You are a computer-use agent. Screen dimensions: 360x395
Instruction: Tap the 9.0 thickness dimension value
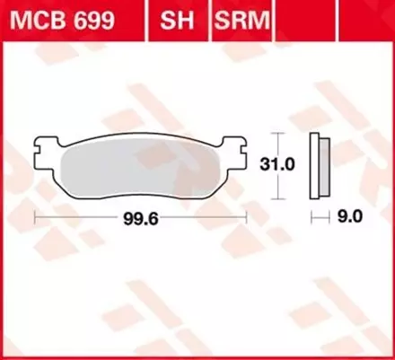[349, 216]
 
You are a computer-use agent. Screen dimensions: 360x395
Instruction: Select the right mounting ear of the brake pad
[235, 144]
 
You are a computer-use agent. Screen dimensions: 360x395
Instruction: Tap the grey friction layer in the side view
[322, 167]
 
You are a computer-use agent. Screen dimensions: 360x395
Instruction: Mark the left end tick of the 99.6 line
[33, 216]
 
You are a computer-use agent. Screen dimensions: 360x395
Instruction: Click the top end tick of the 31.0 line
[276, 136]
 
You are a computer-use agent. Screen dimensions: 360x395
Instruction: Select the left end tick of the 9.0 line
[312, 216]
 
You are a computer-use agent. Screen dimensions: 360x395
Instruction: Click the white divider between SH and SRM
[206, 18]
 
